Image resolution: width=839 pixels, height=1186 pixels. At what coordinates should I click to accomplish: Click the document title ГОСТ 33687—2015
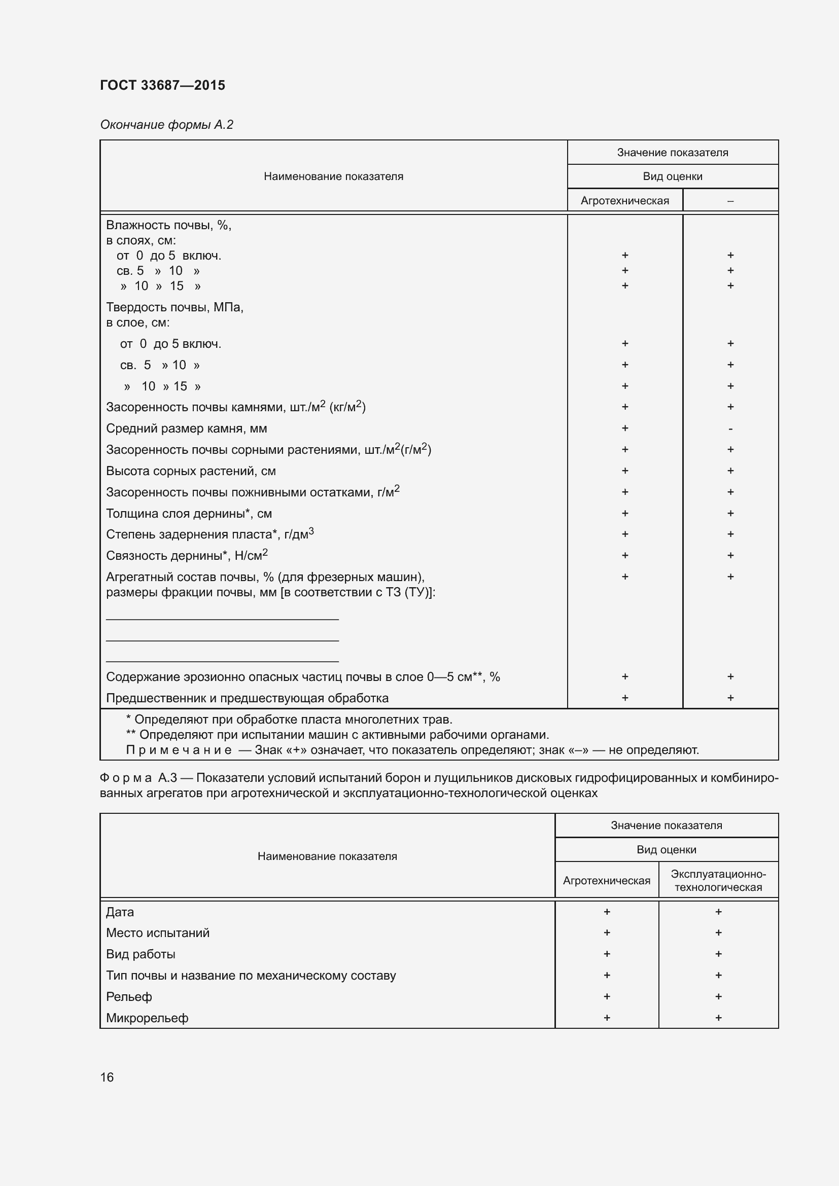[x=162, y=85]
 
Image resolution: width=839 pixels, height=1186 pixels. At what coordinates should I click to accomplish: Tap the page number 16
[x=107, y=1077]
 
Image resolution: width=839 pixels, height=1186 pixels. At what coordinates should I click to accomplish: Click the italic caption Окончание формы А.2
[x=166, y=125]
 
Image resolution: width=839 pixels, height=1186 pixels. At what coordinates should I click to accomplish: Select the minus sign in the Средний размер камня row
[x=730, y=429]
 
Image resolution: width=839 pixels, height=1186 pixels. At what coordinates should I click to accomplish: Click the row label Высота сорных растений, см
[x=191, y=471]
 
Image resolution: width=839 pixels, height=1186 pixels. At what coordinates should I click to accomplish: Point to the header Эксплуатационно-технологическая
[x=718, y=880]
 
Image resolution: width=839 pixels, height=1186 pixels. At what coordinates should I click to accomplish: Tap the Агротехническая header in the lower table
[x=606, y=881]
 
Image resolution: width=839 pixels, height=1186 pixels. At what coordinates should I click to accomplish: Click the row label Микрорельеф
[x=147, y=1018]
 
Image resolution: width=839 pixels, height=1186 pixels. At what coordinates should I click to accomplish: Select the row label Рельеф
[x=129, y=996]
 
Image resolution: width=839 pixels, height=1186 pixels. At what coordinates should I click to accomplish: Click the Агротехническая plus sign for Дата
[x=607, y=912]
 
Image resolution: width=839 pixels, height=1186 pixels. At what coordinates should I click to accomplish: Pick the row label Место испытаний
[x=158, y=933]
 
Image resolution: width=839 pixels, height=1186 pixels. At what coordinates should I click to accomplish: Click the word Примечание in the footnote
[x=179, y=750]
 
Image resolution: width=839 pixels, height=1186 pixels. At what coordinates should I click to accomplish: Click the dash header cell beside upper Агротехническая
[x=730, y=201]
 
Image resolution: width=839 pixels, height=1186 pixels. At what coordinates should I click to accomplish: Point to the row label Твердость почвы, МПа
[x=174, y=307]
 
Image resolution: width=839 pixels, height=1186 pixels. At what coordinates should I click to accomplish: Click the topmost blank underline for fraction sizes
[x=222, y=618]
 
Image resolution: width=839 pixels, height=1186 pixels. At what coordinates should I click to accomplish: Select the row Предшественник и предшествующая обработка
[x=247, y=698]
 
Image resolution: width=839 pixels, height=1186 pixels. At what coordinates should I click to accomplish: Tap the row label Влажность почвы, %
[x=168, y=225]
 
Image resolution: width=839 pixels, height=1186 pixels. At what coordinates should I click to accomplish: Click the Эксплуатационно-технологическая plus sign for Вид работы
[x=718, y=954]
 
